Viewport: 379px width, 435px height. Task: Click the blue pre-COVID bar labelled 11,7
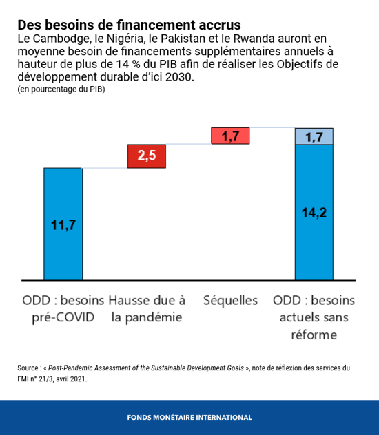(x=63, y=224)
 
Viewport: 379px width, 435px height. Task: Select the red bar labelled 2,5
(x=146, y=156)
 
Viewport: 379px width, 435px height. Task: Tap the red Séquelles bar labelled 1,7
(x=230, y=136)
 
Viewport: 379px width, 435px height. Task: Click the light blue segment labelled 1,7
(x=314, y=137)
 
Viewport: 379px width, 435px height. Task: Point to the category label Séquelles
(x=230, y=301)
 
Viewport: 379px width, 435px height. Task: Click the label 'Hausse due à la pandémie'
(x=146, y=309)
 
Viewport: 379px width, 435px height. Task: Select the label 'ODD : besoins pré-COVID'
(x=63, y=309)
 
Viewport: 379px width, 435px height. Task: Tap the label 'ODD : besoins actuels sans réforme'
(x=314, y=317)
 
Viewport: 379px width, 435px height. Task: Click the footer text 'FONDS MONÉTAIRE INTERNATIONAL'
(x=189, y=417)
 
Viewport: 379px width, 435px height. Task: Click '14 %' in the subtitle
(x=127, y=64)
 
